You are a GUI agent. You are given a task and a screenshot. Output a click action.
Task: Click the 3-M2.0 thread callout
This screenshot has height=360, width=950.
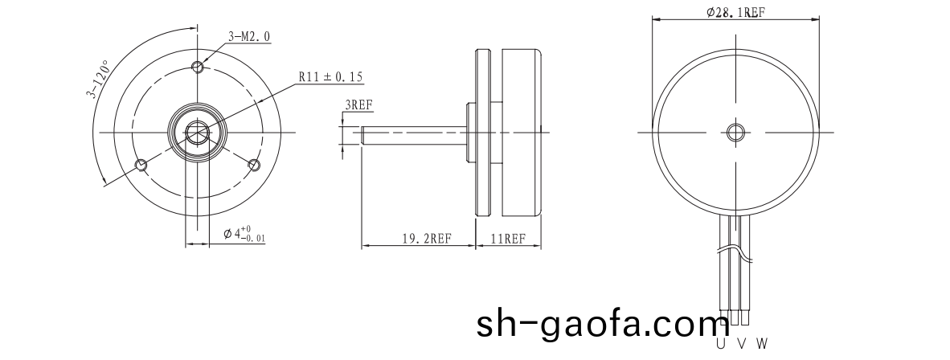[249, 37]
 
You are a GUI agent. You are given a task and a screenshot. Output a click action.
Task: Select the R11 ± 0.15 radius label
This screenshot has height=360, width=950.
[330, 77]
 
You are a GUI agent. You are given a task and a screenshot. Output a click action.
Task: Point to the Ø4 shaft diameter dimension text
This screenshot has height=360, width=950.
[244, 234]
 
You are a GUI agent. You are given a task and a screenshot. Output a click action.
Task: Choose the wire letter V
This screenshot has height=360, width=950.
[740, 344]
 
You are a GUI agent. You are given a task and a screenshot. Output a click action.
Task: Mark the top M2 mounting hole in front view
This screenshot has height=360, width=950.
[198, 65]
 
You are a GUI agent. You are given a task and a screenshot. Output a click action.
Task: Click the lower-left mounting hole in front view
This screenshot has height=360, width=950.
[141, 165]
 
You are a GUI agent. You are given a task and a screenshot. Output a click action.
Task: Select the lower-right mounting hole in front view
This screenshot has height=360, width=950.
[254, 165]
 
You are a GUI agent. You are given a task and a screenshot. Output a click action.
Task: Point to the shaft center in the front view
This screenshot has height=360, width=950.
[197, 133]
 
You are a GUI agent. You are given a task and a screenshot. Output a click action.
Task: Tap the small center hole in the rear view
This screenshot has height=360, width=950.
[735, 132]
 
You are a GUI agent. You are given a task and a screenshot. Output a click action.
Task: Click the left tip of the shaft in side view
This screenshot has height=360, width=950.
[363, 133]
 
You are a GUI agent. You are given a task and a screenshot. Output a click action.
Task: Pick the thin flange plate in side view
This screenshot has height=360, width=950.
[483, 133]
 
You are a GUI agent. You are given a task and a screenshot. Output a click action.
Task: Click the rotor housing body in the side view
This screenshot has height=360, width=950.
[521, 133]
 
